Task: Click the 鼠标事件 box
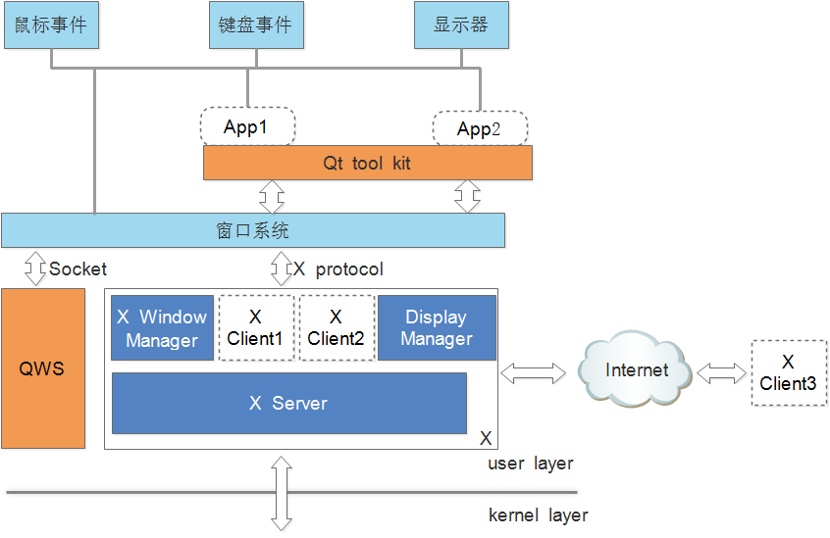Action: click(52, 24)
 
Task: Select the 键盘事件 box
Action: click(255, 24)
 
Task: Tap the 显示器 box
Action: click(461, 24)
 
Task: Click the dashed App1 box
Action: click(246, 126)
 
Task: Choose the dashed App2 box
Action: click(480, 128)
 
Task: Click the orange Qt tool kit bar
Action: click(367, 163)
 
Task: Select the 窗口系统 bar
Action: click(252, 230)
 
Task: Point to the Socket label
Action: click(78, 269)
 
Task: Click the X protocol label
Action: click(338, 269)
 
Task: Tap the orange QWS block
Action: click(43, 368)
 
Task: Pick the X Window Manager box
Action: click(162, 328)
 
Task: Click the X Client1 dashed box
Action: click(255, 328)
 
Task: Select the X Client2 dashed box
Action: click(337, 328)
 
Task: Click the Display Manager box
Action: click(437, 328)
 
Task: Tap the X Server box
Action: click(288, 403)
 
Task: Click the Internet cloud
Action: click(636, 370)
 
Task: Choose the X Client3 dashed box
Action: click(788, 373)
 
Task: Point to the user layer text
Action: click(531, 464)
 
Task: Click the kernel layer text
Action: click(538, 514)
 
